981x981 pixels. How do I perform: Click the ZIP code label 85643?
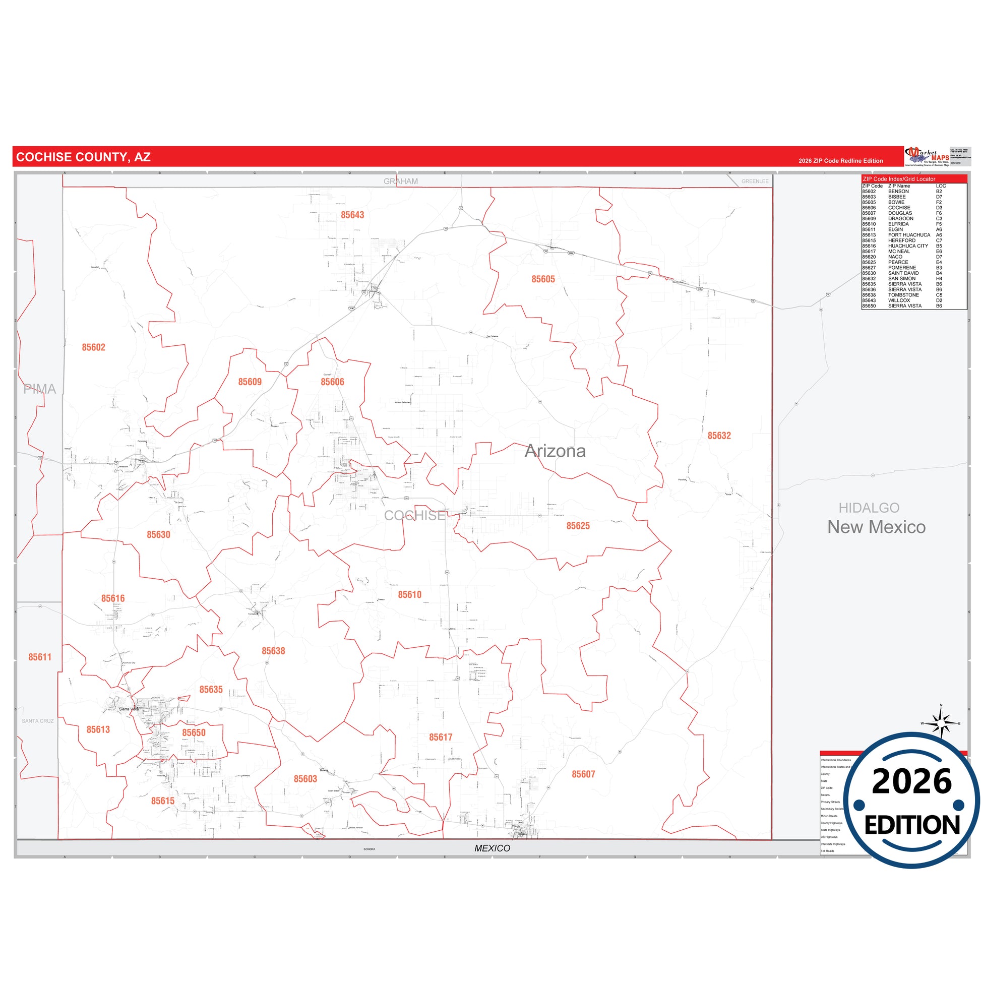click(x=352, y=215)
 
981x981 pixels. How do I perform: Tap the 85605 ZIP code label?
click(x=543, y=279)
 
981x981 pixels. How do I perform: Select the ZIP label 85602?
click(x=93, y=347)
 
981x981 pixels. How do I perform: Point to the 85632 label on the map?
click(x=719, y=436)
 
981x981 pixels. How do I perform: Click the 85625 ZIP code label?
click(x=578, y=526)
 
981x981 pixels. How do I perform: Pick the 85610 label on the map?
click(x=409, y=594)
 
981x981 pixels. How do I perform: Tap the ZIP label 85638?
click(x=273, y=651)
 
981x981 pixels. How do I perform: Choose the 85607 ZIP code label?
click(x=583, y=774)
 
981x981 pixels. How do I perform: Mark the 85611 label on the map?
click(x=40, y=657)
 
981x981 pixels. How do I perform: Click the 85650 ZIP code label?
click(x=194, y=732)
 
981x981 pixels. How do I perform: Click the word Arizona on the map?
click(x=555, y=451)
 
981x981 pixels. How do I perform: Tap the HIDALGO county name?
click(x=868, y=508)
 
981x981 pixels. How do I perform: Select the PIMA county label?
click(x=40, y=389)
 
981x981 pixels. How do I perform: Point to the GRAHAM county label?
click(x=401, y=181)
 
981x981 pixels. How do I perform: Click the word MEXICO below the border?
click(x=492, y=848)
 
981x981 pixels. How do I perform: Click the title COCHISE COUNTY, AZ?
click(x=83, y=157)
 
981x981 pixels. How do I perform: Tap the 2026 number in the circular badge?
click(x=911, y=782)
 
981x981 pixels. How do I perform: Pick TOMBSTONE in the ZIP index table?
click(x=903, y=295)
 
